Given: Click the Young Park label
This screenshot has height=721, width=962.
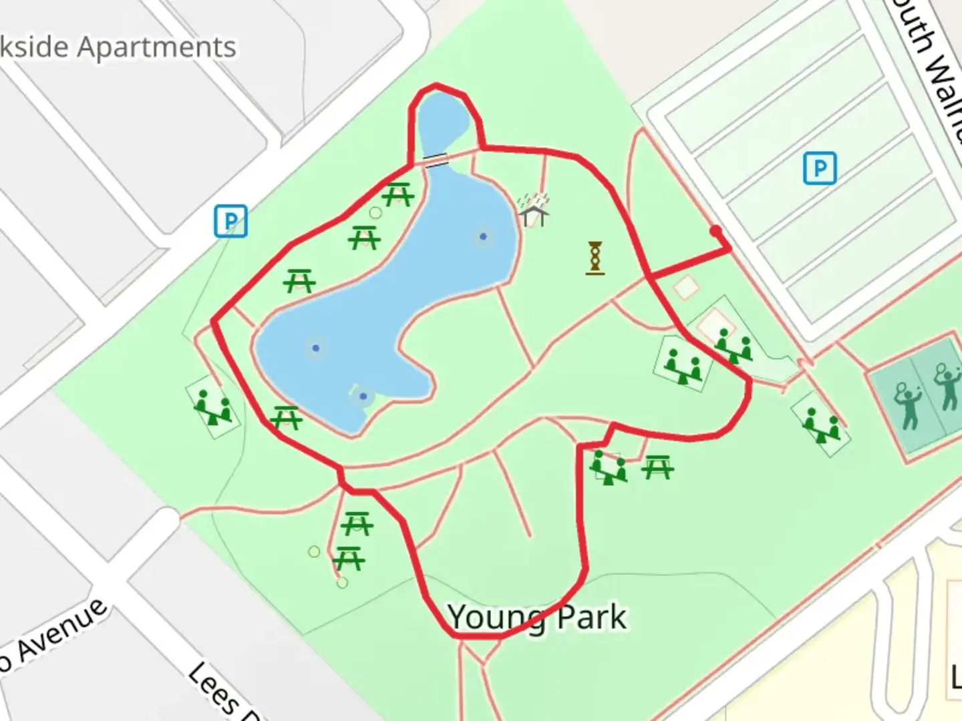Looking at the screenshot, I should [x=537, y=618].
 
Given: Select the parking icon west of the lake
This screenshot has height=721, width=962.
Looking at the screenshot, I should [x=230, y=222].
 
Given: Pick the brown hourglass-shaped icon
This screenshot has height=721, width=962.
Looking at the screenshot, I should [x=595, y=258].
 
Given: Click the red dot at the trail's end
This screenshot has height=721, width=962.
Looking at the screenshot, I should [x=715, y=231].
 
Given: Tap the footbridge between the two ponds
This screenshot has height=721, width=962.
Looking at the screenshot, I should [x=436, y=160].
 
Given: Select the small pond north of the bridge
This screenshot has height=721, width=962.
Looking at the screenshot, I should [x=439, y=122].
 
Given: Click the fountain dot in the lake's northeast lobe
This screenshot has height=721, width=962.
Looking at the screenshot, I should [x=483, y=236].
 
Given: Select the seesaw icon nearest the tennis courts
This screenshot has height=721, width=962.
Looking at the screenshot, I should [x=821, y=426].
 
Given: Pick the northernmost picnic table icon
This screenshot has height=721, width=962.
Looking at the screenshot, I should [x=399, y=194].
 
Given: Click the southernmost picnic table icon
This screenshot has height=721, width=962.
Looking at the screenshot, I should [x=349, y=559].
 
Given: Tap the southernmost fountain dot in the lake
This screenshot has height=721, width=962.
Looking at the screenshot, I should [x=363, y=397].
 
